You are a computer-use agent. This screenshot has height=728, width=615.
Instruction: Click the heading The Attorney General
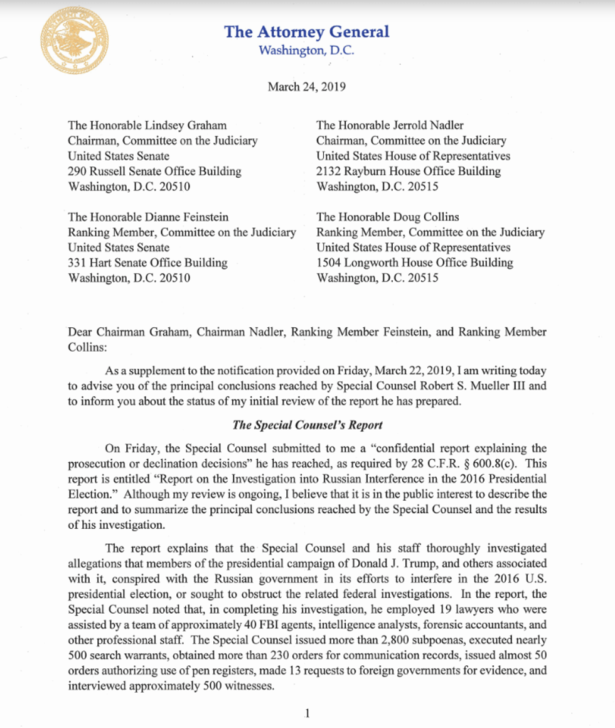(x=307, y=31)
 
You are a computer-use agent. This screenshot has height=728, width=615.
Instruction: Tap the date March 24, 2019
(x=306, y=87)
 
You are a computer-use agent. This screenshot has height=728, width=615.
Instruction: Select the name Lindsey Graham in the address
(x=193, y=126)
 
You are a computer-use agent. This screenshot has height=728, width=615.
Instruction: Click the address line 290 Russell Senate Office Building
(x=154, y=171)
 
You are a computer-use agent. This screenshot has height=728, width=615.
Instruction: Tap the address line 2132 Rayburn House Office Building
(x=408, y=171)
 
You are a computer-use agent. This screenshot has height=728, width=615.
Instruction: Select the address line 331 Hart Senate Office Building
(x=147, y=263)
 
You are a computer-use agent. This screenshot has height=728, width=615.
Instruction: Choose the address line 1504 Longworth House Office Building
(x=415, y=263)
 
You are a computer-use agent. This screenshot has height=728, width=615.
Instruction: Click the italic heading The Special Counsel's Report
(x=307, y=425)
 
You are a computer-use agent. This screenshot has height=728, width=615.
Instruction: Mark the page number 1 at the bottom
(x=307, y=713)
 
